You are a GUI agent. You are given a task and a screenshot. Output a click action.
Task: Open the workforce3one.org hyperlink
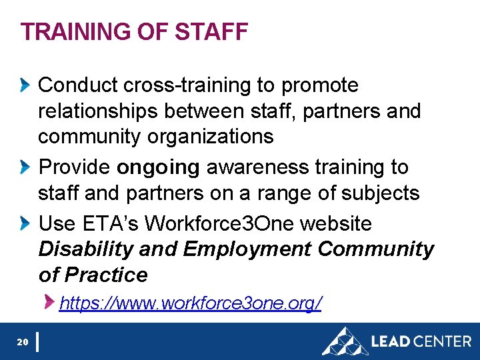coord(191,304)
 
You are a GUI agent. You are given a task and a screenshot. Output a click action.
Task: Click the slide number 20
coord(22,342)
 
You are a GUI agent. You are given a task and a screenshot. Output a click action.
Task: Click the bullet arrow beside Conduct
coord(25,85)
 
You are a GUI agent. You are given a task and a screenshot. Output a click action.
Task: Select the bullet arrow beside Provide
coord(25,167)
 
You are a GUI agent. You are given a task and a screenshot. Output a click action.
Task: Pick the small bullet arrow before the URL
coord(50,303)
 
